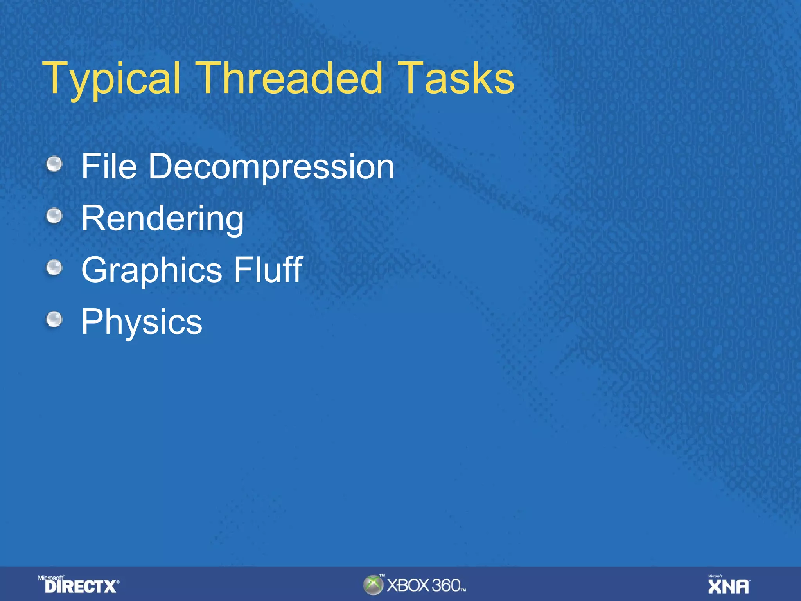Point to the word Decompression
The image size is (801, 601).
click(271, 167)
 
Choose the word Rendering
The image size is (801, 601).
click(162, 219)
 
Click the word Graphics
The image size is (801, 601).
click(152, 270)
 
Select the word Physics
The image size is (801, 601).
click(142, 322)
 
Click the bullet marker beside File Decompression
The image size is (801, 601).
click(54, 164)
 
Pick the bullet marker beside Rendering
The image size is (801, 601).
click(54, 216)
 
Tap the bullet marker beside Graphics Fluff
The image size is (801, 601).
click(54, 268)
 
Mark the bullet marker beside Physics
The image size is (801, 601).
click(54, 319)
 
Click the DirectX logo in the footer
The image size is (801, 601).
click(81, 586)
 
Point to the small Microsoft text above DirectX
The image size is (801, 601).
click(50, 578)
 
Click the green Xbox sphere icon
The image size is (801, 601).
click(373, 585)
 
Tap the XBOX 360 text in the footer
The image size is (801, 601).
click(424, 586)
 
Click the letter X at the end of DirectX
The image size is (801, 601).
click(110, 587)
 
